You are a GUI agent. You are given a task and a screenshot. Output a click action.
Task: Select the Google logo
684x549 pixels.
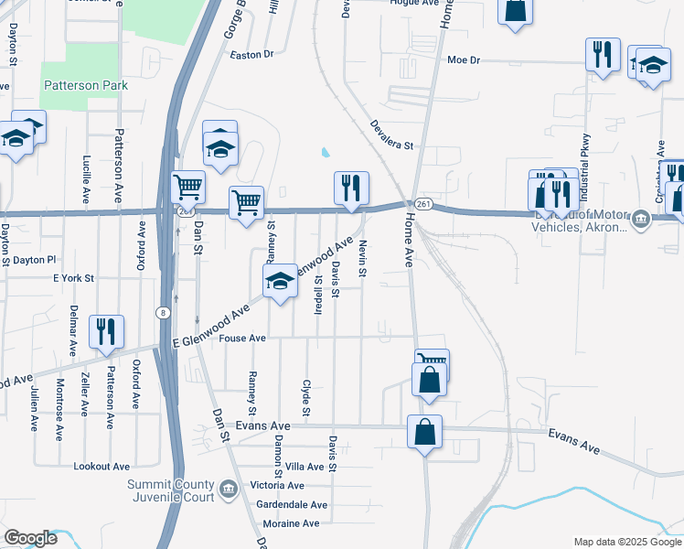click(29, 538)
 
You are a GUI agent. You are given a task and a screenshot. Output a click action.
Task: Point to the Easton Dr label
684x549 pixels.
click(252, 55)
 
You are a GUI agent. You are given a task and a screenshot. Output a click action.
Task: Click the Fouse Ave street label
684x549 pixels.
click(242, 339)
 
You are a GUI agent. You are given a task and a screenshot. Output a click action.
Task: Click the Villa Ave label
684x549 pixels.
click(305, 466)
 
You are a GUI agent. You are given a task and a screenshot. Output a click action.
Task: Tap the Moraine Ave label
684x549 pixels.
click(291, 523)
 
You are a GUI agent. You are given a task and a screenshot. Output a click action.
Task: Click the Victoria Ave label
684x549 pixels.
click(277, 485)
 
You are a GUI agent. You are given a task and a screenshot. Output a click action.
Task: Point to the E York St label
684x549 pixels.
click(74, 277)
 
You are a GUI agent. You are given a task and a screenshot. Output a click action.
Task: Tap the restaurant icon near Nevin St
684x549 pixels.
click(351, 188)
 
